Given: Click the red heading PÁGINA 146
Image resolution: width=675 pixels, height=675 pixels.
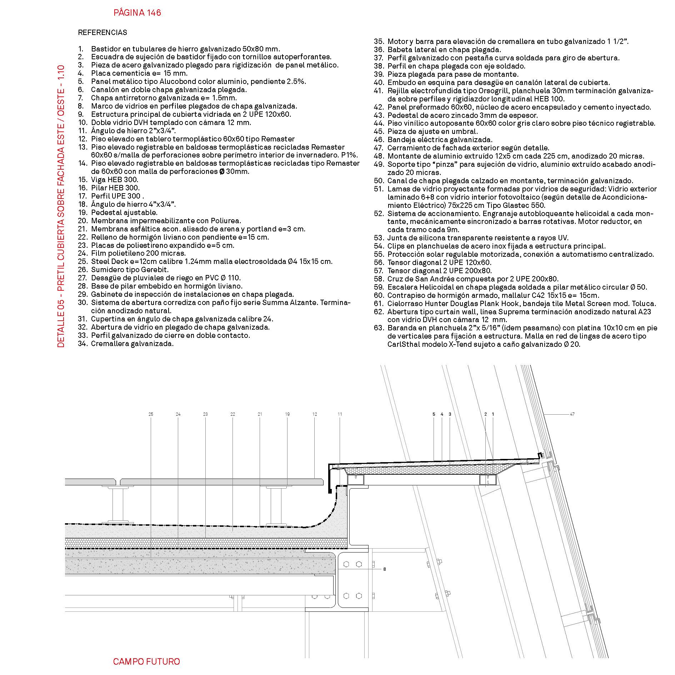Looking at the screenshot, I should point(137,13).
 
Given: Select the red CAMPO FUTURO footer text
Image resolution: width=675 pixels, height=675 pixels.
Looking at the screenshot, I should point(146,661).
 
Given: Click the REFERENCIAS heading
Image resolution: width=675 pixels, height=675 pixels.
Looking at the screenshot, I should point(102,32).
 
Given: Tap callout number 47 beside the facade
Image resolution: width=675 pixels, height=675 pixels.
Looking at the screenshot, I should point(572,414).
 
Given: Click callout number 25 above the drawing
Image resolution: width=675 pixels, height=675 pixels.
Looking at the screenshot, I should point(151,414).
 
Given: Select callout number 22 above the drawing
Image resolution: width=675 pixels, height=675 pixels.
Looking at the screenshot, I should point(232,414).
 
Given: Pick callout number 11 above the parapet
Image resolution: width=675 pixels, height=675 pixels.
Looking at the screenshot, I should point(340,414).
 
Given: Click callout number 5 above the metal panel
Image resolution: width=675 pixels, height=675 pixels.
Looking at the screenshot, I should point(434,414).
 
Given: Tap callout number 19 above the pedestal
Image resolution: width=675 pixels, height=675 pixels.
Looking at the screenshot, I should point(287,414).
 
